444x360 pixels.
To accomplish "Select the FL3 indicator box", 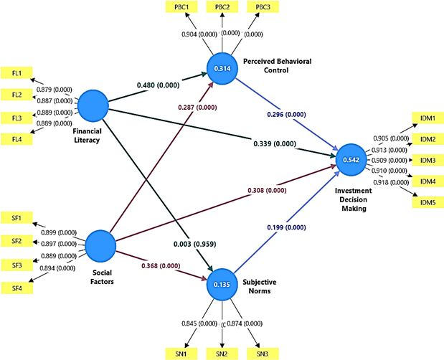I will tap(16, 116).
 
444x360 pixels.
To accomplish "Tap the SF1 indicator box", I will tap(16, 218).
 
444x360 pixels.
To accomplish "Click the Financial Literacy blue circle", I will tap(93, 107).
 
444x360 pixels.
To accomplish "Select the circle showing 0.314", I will tap(222, 67).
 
